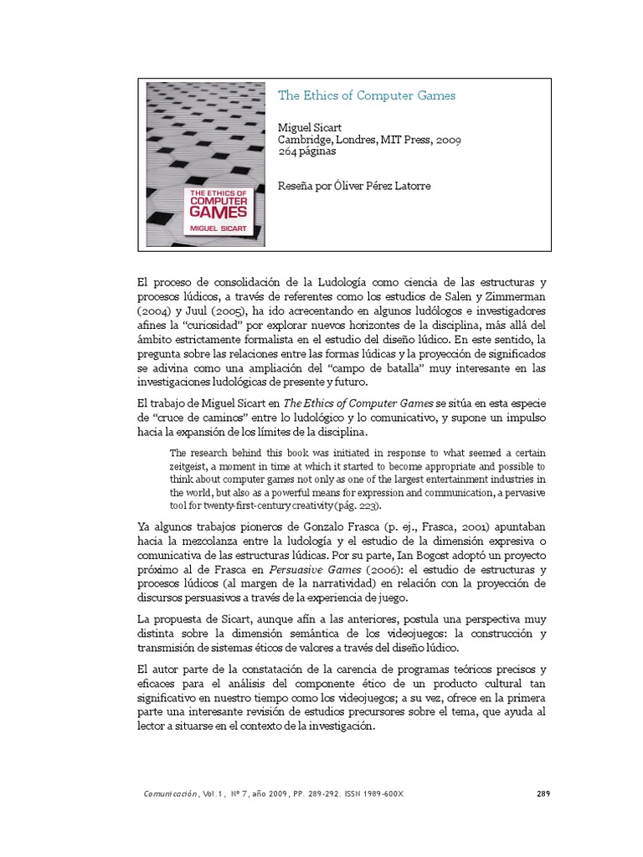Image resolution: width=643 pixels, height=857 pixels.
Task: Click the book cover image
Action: point(205,163)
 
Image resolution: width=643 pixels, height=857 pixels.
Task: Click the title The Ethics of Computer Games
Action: point(367,95)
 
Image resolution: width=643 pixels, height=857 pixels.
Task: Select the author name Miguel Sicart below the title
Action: point(309,127)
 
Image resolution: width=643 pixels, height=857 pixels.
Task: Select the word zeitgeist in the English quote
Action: point(195,465)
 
